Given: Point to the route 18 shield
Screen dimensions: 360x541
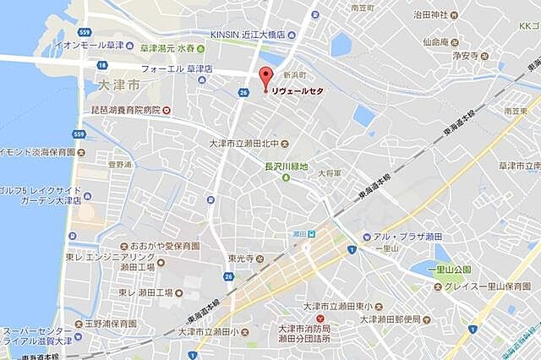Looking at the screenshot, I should (102, 65).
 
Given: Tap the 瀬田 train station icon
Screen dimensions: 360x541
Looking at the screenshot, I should (310, 234).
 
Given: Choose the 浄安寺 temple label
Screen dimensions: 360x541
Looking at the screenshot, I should (463, 56).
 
